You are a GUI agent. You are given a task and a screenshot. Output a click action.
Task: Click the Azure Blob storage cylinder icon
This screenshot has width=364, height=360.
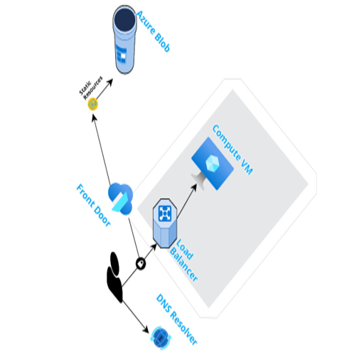[x=124, y=39]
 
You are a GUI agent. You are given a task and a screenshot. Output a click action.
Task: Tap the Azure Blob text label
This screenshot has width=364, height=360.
[x=154, y=31]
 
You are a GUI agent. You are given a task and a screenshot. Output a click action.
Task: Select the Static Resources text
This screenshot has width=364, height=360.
[x=91, y=88]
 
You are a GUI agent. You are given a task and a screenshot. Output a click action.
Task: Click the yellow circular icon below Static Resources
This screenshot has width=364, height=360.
[x=93, y=104]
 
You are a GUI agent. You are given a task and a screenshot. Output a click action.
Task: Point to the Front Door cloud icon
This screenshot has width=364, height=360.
[x=120, y=198]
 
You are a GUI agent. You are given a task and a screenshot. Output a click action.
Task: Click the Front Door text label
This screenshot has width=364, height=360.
[x=93, y=205]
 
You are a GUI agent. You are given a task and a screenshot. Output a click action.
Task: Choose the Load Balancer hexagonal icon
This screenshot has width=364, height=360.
[x=165, y=223]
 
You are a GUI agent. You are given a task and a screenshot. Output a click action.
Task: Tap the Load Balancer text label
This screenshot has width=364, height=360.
[x=183, y=260]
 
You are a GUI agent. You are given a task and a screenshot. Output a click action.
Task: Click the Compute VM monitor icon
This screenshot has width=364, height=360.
[x=213, y=164]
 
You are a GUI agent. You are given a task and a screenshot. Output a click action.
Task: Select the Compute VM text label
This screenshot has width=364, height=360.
[x=232, y=149]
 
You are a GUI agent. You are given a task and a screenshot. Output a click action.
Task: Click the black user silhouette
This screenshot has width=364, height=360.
[x=115, y=277]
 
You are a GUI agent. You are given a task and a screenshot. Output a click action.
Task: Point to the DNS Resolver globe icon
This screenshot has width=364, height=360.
[x=161, y=338]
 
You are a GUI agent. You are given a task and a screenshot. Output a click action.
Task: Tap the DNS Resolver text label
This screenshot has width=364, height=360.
[x=177, y=319]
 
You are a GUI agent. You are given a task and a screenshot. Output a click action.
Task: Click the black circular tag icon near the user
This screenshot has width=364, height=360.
[x=141, y=263]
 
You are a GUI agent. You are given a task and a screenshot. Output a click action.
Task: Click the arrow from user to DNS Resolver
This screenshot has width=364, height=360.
[x=135, y=317]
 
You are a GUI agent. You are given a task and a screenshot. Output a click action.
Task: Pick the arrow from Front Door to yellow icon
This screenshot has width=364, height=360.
[x=102, y=149]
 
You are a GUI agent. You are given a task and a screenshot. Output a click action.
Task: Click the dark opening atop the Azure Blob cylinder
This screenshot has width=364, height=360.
[x=124, y=19]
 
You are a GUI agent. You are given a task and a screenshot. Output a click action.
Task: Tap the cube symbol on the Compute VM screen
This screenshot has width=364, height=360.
[x=212, y=164]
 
